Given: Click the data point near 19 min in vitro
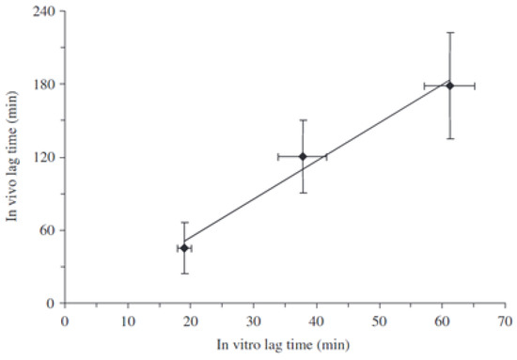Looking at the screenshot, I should [x=184, y=248].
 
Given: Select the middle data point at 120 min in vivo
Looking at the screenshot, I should [x=302, y=156].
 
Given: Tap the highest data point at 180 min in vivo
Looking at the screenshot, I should [x=449, y=86].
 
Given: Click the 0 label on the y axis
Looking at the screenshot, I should [x=51, y=303].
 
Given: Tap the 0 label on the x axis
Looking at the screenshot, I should [x=65, y=320].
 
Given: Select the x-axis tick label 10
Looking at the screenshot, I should [x=128, y=320].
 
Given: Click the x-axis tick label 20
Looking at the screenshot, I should [x=191, y=320].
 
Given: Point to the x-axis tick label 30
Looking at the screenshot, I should [x=254, y=320].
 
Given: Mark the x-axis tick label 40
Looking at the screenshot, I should [x=316, y=320].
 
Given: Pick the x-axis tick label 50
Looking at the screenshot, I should [x=379, y=320].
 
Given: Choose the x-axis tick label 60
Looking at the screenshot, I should [x=442, y=320].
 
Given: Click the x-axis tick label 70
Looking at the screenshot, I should [x=505, y=320].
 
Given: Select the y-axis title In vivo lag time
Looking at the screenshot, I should [x=13, y=157].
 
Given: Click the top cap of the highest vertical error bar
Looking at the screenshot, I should [x=449, y=32].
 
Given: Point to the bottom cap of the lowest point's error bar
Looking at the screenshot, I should [x=184, y=273].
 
